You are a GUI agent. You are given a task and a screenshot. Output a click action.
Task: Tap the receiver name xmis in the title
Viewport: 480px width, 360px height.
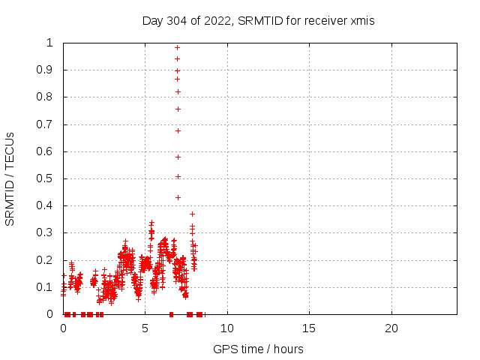coord(361,21)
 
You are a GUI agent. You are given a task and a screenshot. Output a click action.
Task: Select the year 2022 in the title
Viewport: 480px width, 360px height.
coord(217,21)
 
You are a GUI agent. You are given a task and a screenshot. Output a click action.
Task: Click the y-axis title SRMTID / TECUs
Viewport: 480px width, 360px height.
coord(10,178)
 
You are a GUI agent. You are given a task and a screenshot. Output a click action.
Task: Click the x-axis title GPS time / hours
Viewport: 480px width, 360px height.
coord(258,349)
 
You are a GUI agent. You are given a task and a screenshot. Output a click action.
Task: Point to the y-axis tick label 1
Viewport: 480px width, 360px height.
coord(49,43)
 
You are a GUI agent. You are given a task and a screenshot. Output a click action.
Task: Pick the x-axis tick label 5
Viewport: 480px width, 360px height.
coord(145,329)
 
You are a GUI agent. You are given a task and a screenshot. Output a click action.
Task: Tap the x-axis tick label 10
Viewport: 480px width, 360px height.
coord(226,329)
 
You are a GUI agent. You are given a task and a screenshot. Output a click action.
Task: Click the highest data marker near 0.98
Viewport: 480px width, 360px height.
coord(177,47)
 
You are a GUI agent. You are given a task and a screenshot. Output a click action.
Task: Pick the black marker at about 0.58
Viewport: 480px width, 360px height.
coord(178,157)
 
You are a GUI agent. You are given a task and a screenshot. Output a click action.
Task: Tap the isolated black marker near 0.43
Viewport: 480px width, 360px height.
coord(178,197)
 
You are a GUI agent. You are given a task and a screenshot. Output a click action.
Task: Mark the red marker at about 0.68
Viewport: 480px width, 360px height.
coord(178,130)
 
